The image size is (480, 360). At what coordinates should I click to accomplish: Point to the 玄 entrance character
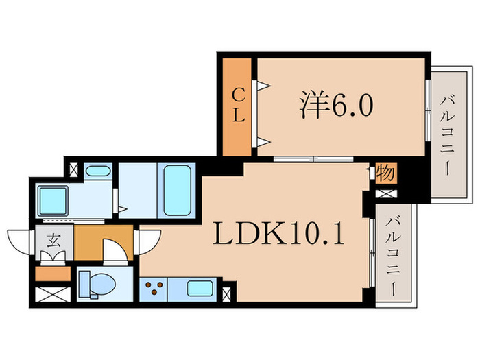click(53, 240)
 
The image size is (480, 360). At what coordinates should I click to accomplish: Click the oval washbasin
click(101, 171)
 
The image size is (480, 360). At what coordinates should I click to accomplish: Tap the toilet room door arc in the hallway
click(113, 250)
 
